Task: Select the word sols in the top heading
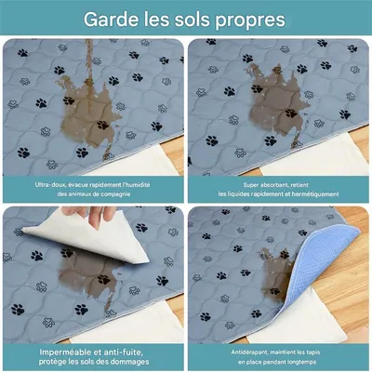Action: (x=190, y=19)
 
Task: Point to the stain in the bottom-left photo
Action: (x=88, y=270)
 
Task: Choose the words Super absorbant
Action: (x=243, y=184)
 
